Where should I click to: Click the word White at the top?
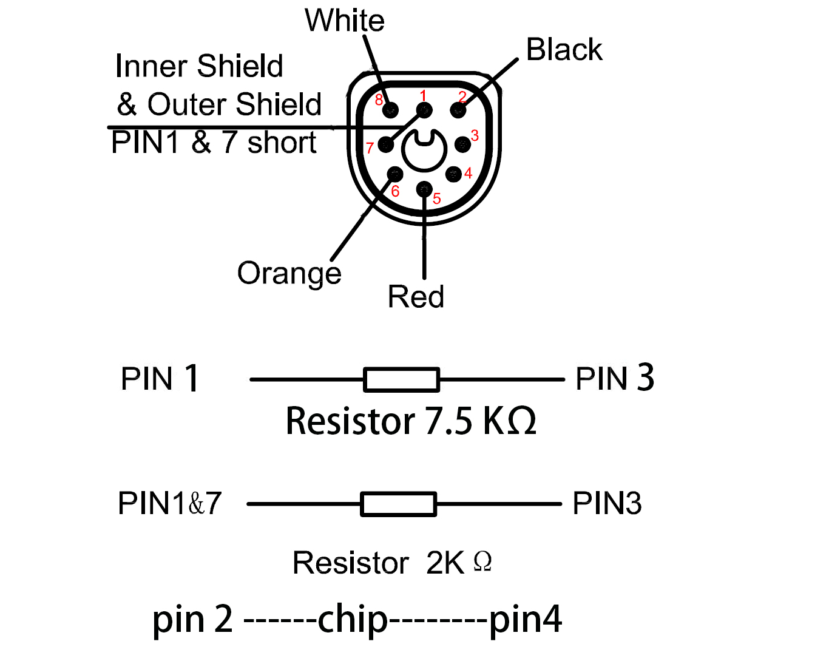tap(344, 21)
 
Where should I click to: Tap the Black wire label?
tap(564, 50)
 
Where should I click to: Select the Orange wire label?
tap(289, 273)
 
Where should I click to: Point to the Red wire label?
tap(416, 297)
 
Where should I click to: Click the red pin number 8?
tap(379, 100)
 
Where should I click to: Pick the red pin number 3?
tap(475, 136)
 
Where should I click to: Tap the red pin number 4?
tap(468, 174)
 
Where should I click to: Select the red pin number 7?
tap(370, 148)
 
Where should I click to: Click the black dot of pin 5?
tap(424, 189)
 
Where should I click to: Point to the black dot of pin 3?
tap(462, 144)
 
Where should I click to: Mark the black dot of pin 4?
tap(453, 174)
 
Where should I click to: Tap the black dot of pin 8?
tap(391, 110)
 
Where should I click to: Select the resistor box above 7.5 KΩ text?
tap(401, 379)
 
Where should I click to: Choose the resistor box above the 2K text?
tap(398, 504)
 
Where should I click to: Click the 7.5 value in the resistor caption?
tap(448, 421)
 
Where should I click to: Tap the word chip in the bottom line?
tap(353, 620)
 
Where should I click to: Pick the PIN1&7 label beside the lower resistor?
tap(170, 503)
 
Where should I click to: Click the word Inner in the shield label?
tap(152, 66)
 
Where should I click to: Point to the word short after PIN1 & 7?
tap(282, 143)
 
